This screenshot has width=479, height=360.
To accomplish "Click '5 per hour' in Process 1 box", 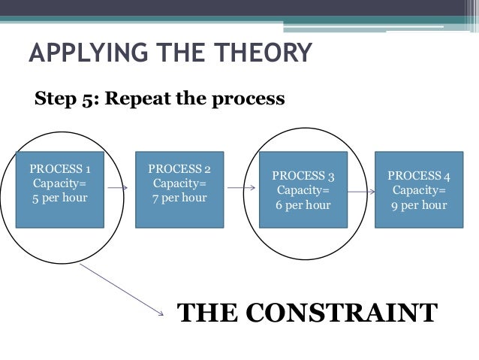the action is point(59,198).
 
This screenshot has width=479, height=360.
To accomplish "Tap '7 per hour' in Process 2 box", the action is point(179,198).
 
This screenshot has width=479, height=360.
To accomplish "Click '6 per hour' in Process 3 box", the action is point(304,204).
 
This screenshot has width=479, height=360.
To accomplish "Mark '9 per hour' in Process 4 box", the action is point(419,204).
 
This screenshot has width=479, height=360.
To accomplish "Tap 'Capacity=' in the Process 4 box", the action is point(419,190).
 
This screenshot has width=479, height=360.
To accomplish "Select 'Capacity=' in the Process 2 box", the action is point(179,183).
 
